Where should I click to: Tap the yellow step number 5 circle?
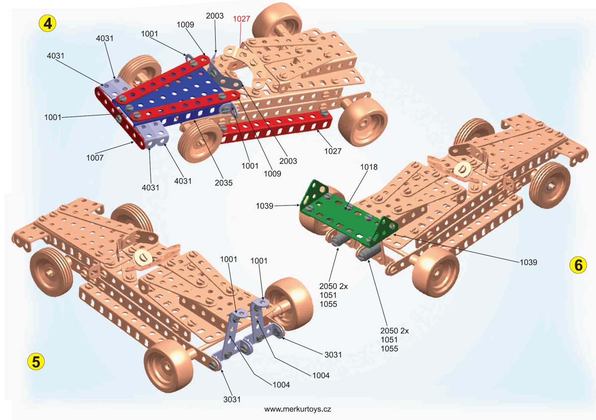pyautogui.click(x=36, y=361)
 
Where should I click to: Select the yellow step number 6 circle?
pyautogui.click(x=578, y=265)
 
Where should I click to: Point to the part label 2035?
pyautogui.click(x=224, y=182)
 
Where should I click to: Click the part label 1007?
pyautogui.click(x=94, y=158)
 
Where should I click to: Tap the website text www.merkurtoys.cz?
pyautogui.click(x=298, y=409)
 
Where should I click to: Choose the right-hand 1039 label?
pyautogui.click(x=528, y=262)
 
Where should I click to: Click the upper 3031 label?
pyautogui.click(x=333, y=355)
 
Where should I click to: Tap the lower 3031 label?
pyautogui.click(x=232, y=399)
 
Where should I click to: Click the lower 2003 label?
pyautogui.click(x=288, y=161)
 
